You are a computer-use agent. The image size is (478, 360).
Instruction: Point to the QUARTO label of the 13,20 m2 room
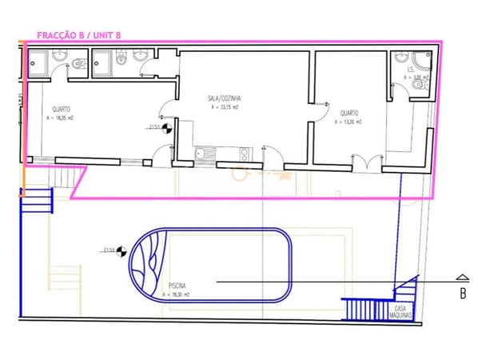pos(349,113)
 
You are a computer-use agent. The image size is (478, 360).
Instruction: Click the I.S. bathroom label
pos(408,70)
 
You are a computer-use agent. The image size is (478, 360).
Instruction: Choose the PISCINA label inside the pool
pos(178,285)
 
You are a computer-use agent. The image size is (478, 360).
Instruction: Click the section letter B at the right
pos(462,294)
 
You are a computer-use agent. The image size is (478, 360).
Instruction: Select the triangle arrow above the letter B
pos(462,277)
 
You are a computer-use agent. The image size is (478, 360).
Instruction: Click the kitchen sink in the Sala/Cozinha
pos(205,152)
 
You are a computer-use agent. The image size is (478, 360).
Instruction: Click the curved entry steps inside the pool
pos(148,263)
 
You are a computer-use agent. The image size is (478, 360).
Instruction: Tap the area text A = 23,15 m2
pos(225,106)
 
